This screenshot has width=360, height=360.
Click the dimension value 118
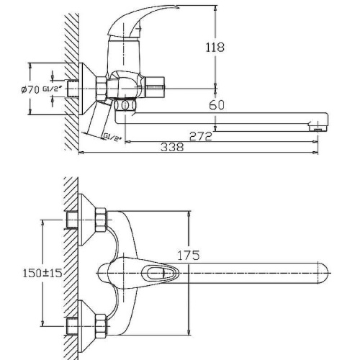(215, 47)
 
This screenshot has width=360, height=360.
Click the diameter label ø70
(30, 89)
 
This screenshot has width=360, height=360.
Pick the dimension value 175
(189, 256)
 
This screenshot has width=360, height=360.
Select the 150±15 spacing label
(37, 273)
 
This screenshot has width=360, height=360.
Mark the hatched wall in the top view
(71, 273)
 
